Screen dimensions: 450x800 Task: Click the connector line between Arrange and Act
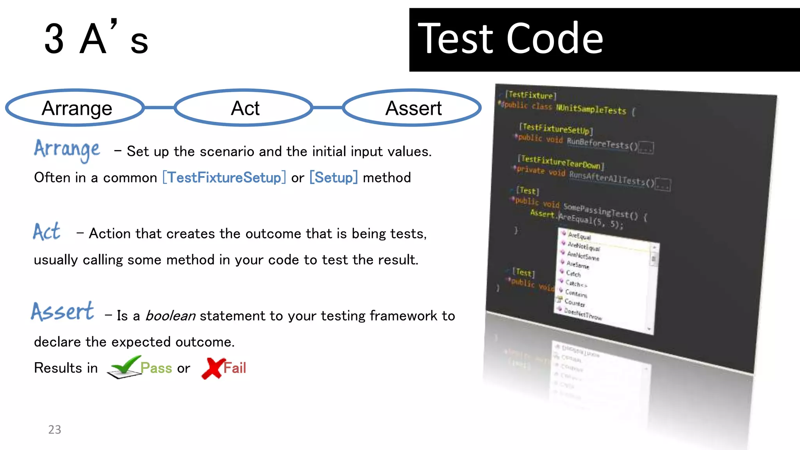click(159, 107)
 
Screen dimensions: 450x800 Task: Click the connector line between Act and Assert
click(327, 107)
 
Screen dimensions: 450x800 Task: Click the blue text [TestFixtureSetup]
click(224, 178)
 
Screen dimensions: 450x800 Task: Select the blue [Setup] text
click(333, 178)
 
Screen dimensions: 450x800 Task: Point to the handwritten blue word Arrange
click(67, 150)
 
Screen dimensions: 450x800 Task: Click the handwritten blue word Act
click(46, 232)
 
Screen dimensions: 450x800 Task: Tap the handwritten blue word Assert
click(62, 312)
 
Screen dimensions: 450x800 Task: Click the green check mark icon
click(124, 367)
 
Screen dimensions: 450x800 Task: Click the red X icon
click(212, 368)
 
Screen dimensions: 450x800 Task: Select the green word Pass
click(156, 368)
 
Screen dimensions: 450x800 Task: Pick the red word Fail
click(235, 368)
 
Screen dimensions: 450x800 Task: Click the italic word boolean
click(170, 316)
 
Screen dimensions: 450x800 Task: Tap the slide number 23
click(55, 430)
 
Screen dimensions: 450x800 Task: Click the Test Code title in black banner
click(510, 39)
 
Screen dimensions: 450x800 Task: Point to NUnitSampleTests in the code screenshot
click(591, 109)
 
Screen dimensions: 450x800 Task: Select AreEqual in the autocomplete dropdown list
click(579, 236)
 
